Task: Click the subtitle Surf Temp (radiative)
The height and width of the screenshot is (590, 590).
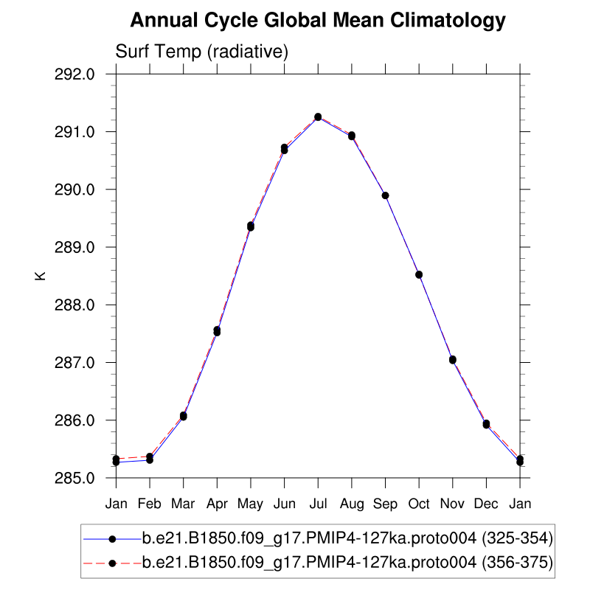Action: [201, 52]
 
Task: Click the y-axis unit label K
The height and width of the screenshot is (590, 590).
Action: [41, 276]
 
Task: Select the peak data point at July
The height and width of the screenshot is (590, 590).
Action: [318, 117]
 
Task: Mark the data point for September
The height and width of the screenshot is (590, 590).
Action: [385, 195]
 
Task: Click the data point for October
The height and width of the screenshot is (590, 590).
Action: [419, 274]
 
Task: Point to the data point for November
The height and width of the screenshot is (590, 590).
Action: [453, 360]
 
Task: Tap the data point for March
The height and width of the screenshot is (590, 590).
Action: [183, 416]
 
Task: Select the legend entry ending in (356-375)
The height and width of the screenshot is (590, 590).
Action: [347, 563]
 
